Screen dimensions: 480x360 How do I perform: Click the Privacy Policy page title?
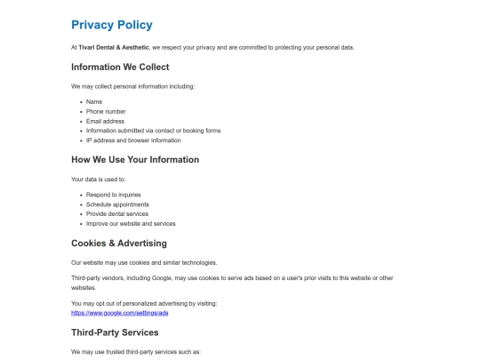click(x=111, y=25)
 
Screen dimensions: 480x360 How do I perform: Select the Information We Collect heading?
click(x=120, y=67)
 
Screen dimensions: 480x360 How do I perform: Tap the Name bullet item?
click(x=94, y=101)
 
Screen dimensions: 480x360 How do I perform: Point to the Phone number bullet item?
click(x=106, y=111)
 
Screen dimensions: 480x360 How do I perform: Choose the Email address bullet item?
click(x=105, y=121)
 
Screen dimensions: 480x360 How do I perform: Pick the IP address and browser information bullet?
click(x=133, y=140)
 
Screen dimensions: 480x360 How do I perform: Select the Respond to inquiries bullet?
click(x=114, y=194)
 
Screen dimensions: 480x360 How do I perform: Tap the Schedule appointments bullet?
click(x=117, y=204)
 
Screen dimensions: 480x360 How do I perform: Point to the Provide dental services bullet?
click(x=118, y=213)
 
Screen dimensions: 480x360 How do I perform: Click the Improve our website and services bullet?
click(x=131, y=223)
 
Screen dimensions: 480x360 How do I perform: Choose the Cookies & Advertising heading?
click(x=119, y=243)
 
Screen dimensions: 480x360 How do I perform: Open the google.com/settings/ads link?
click(x=120, y=314)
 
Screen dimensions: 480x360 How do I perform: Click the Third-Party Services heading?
click(x=115, y=332)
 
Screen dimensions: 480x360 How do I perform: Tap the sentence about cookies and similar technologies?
click(x=144, y=262)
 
